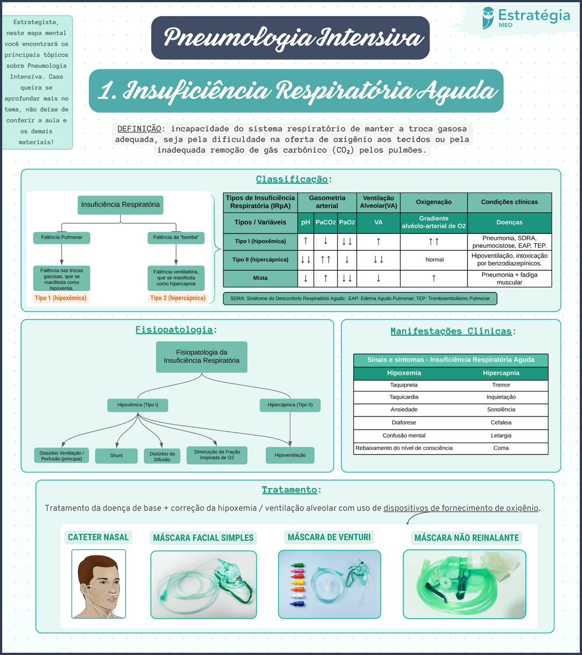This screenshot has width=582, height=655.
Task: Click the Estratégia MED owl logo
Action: click(x=488, y=18)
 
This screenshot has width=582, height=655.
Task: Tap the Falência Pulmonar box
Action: click(x=62, y=237)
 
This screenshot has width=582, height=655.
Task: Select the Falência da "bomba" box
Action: click(x=176, y=237)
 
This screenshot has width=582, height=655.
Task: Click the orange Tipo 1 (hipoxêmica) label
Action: click(x=61, y=298)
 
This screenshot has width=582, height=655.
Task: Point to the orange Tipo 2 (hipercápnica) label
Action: click(x=178, y=298)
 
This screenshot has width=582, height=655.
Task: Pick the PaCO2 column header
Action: click(x=325, y=222)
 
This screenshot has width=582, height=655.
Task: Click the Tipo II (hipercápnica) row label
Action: click(x=260, y=260)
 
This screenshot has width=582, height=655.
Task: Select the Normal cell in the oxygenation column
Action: click(x=434, y=260)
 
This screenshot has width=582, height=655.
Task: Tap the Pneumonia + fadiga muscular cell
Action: click(x=509, y=278)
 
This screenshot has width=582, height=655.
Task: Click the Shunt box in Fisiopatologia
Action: click(x=116, y=456)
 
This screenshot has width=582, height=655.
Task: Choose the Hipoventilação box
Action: click(x=290, y=455)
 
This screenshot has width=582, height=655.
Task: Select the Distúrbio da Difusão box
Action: click(x=162, y=457)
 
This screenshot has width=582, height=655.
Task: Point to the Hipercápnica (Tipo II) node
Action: click(x=290, y=405)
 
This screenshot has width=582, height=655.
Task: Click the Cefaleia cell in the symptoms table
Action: click(x=501, y=423)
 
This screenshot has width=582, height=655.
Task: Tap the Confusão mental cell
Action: click(x=404, y=435)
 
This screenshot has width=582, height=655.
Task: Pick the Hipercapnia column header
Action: click(x=501, y=373)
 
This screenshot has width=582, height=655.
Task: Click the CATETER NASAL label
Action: click(x=98, y=537)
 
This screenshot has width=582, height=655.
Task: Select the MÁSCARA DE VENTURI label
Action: click(x=329, y=537)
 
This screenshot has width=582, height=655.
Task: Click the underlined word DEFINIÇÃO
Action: click(x=139, y=129)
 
